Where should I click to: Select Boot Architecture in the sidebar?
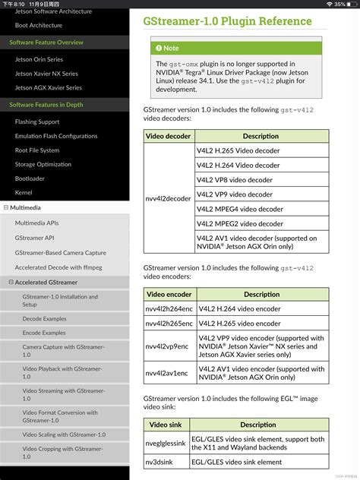pos(39,25)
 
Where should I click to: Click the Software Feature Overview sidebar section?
pos(46,43)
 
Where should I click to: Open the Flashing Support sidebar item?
pos(37,122)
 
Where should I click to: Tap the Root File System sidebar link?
pos(37,150)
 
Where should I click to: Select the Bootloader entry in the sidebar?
pos(30,178)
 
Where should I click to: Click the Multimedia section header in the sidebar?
pos(27,207)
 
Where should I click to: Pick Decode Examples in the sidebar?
pos(44,319)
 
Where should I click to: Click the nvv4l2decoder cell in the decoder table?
pos(168,199)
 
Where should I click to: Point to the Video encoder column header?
pos(169,294)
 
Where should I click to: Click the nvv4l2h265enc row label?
pos(169,323)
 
